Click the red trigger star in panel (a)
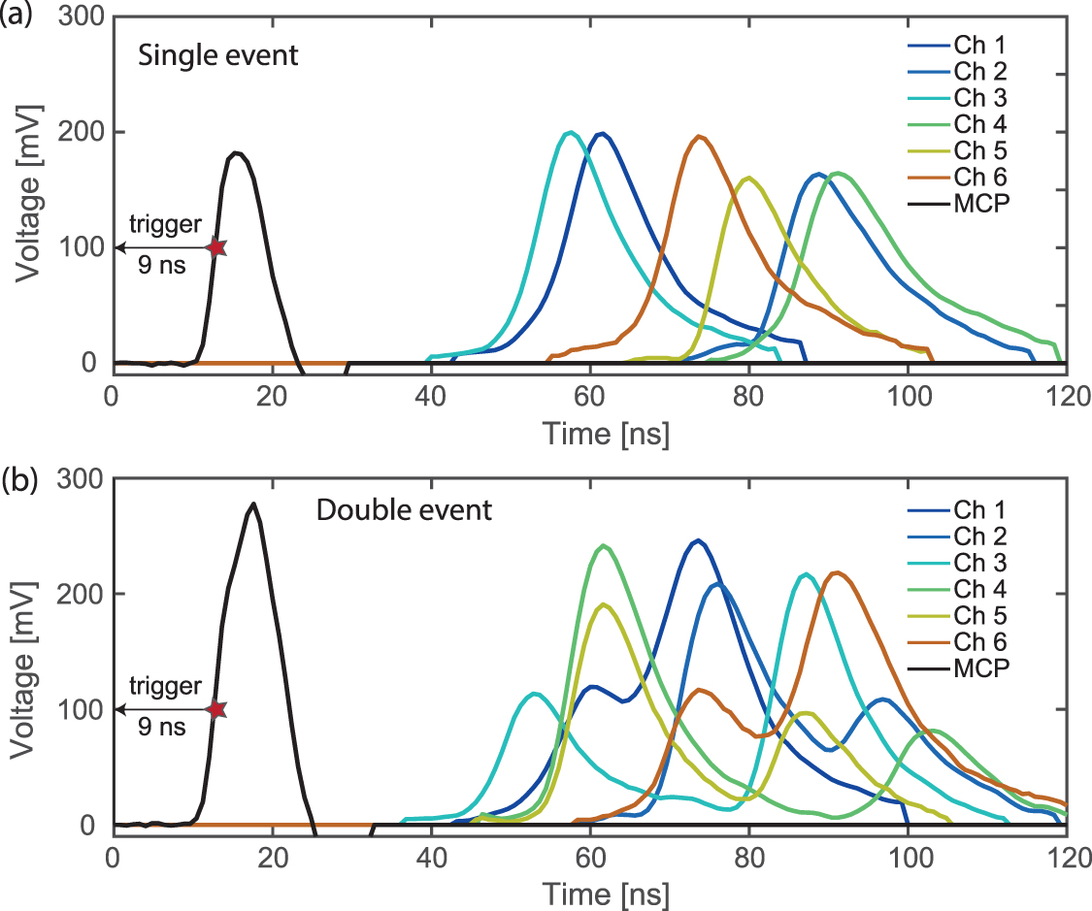pos(215,247)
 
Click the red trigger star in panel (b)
pos(215,710)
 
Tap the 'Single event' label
pos(217,55)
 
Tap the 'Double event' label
pos(404,510)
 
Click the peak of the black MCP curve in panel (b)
pos(253,504)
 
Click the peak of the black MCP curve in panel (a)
pos(236,152)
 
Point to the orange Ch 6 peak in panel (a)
pos(699,136)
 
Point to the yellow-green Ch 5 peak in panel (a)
pos(747,178)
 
